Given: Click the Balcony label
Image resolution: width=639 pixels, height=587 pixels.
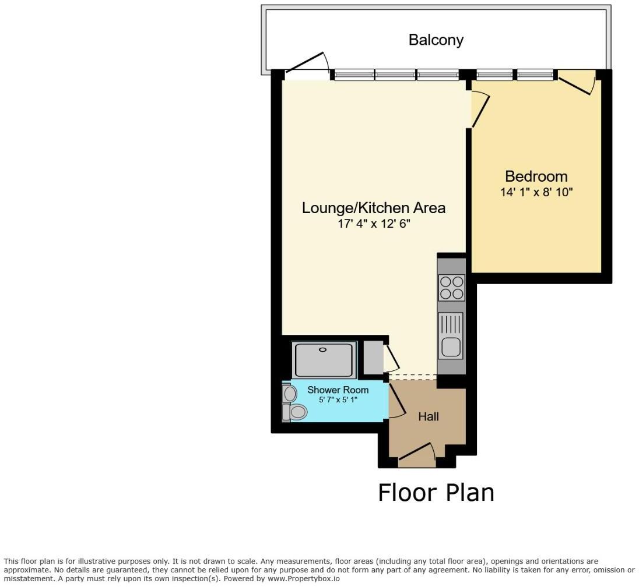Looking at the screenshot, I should pyautogui.click(x=436, y=40).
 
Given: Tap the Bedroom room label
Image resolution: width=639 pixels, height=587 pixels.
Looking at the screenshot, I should pyautogui.click(x=536, y=176).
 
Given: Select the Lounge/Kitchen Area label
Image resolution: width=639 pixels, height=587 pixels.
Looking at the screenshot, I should pyautogui.click(x=373, y=208).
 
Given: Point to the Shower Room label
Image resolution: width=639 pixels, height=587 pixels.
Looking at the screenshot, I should pyautogui.click(x=338, y=390).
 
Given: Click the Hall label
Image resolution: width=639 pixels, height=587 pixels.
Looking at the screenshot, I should pyautogui.click(x=429, y=416).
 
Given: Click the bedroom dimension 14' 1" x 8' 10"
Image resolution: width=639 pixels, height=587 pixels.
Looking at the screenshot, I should pyautogui.click(x=536, y=192).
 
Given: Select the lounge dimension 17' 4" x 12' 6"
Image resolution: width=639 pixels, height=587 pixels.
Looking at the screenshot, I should pyautogui.click(x=373, y=224).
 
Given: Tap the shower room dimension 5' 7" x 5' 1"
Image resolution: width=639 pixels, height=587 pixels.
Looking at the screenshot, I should pyautogui.click(x=338, y=400).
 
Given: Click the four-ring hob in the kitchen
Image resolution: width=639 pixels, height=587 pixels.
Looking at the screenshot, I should pyautogui.click(x=451, y=287).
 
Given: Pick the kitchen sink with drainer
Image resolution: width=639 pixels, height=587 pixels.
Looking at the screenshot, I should pyautogui.click(x=451, y=335).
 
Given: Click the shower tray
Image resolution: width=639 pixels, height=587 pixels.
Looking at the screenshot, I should pyautogui.click(x=324, y=360).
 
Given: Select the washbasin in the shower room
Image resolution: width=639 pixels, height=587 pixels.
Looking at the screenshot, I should pyautogui.click(x=290, y=394).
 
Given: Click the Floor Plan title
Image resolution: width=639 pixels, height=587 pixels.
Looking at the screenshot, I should pyautogui.click(x=436, y=493).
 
